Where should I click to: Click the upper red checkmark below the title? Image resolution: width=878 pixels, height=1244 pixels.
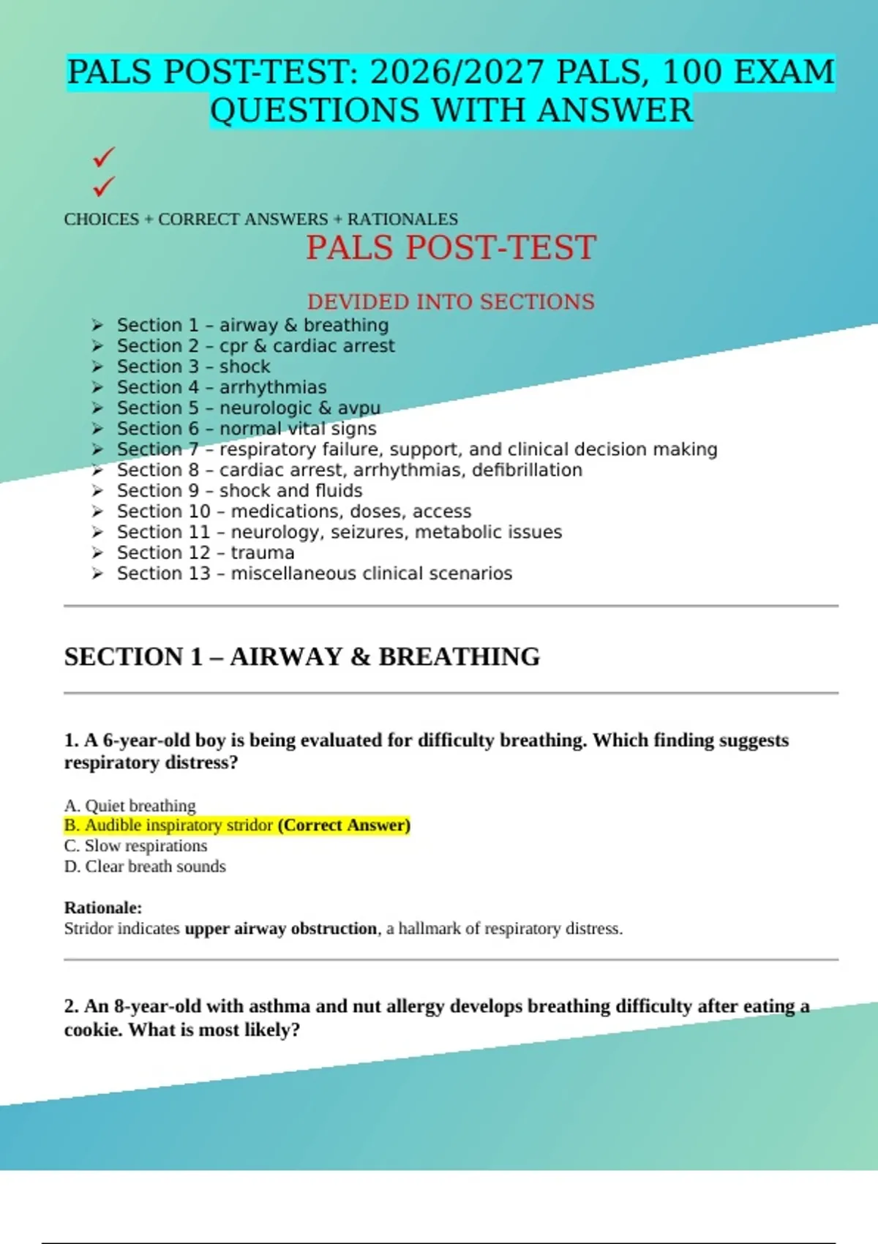[104, 156]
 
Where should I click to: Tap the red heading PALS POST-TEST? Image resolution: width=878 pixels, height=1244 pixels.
[451, 247]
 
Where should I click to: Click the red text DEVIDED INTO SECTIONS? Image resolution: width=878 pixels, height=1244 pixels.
[451, 301]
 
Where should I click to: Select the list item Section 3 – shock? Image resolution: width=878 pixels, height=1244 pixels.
[193, 367]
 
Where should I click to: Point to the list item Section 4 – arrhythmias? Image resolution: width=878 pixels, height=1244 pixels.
[221, 387]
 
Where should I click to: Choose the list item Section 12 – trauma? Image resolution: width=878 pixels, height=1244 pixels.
[205, 552]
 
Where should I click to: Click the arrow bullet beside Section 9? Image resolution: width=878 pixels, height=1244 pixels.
[97, 491]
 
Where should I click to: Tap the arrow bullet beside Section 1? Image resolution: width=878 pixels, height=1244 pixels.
[97, 325]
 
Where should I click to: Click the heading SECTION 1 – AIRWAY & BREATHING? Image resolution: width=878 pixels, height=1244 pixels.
[301, 656]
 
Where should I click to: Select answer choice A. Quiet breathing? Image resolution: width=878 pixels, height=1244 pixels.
[130, 805]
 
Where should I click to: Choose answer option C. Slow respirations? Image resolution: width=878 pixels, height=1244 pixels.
[136, 846]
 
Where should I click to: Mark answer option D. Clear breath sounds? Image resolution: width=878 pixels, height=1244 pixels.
[145, 866]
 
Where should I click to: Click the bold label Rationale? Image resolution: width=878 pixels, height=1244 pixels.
[103, 907]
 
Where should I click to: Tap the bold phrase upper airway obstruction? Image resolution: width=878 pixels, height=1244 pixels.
[280, 929]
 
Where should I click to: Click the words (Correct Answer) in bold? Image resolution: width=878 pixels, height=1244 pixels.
[344, 825]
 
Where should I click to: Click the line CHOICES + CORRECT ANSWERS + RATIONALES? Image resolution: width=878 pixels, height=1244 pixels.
[260, 219]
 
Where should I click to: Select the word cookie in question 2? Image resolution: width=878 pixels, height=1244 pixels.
[93, 1030]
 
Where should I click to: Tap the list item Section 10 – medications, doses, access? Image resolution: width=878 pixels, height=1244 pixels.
[293, 512]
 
